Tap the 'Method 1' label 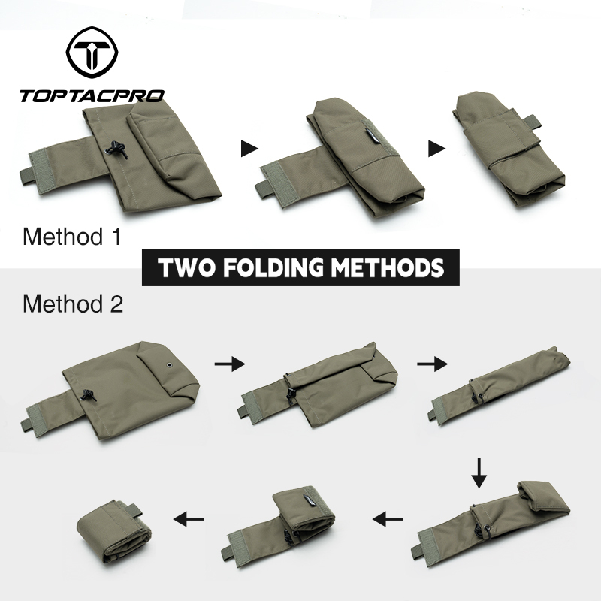[71, 237]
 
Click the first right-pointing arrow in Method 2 [229, 364]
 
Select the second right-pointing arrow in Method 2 [432, 364]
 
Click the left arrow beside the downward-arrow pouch [388, 518]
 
